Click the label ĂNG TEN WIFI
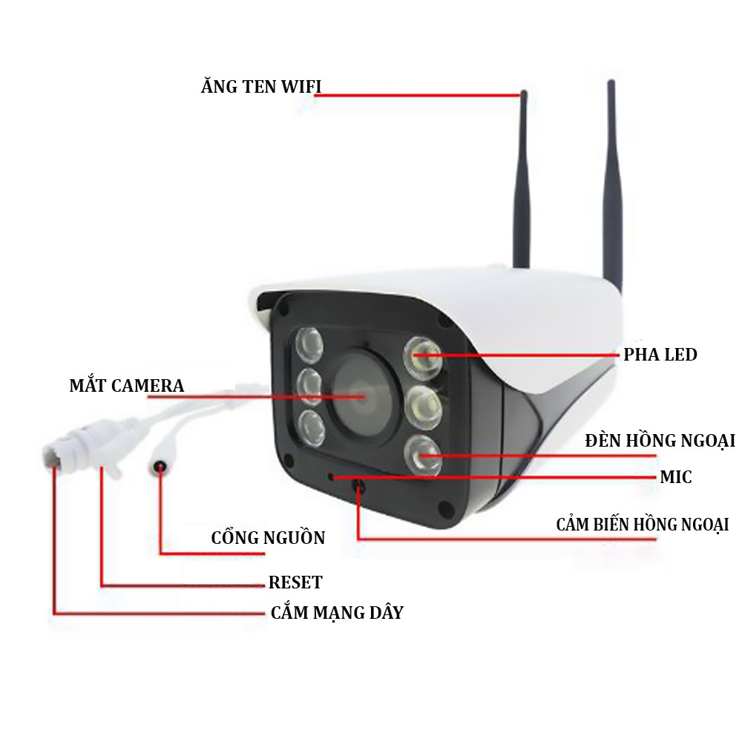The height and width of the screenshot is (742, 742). (x=260, y=86)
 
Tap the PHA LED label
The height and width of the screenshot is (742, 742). (x=660, y=355)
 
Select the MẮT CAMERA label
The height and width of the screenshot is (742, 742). (x=126, y=386)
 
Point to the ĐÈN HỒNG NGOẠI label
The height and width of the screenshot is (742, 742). (x=659, y=441)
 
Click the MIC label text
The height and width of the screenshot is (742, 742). (x=675, y=477)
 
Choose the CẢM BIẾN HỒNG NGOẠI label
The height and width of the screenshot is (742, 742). (x=643, y=525)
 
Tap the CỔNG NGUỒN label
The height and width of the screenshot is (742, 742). (x=268, y=538)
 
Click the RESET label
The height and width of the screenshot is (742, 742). (x=295, y=582)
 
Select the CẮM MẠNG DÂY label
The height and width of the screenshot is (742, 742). (x=336, y=613)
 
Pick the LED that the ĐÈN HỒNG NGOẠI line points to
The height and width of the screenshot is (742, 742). (x=421, y=452)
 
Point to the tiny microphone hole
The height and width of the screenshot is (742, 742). (x=332, y=474)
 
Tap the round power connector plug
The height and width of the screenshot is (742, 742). (x=160, y=467)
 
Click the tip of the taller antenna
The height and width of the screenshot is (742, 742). (x=611, y=83)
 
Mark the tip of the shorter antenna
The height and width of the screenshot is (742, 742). (x=523, y=94)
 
